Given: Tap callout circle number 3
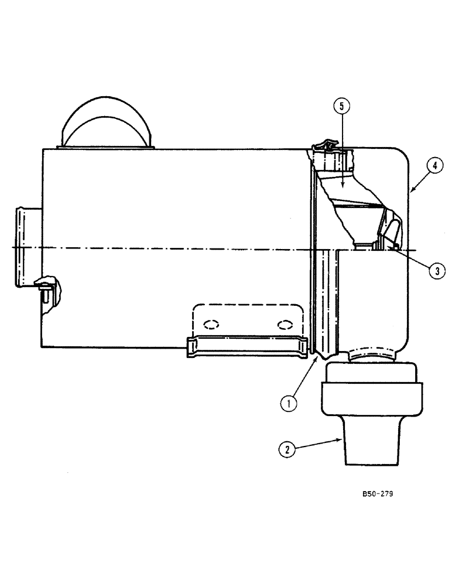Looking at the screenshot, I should coord(435,270).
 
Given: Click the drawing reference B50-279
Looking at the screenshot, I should coord(377,494).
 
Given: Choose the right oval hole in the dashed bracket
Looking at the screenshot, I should coord(285,324).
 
